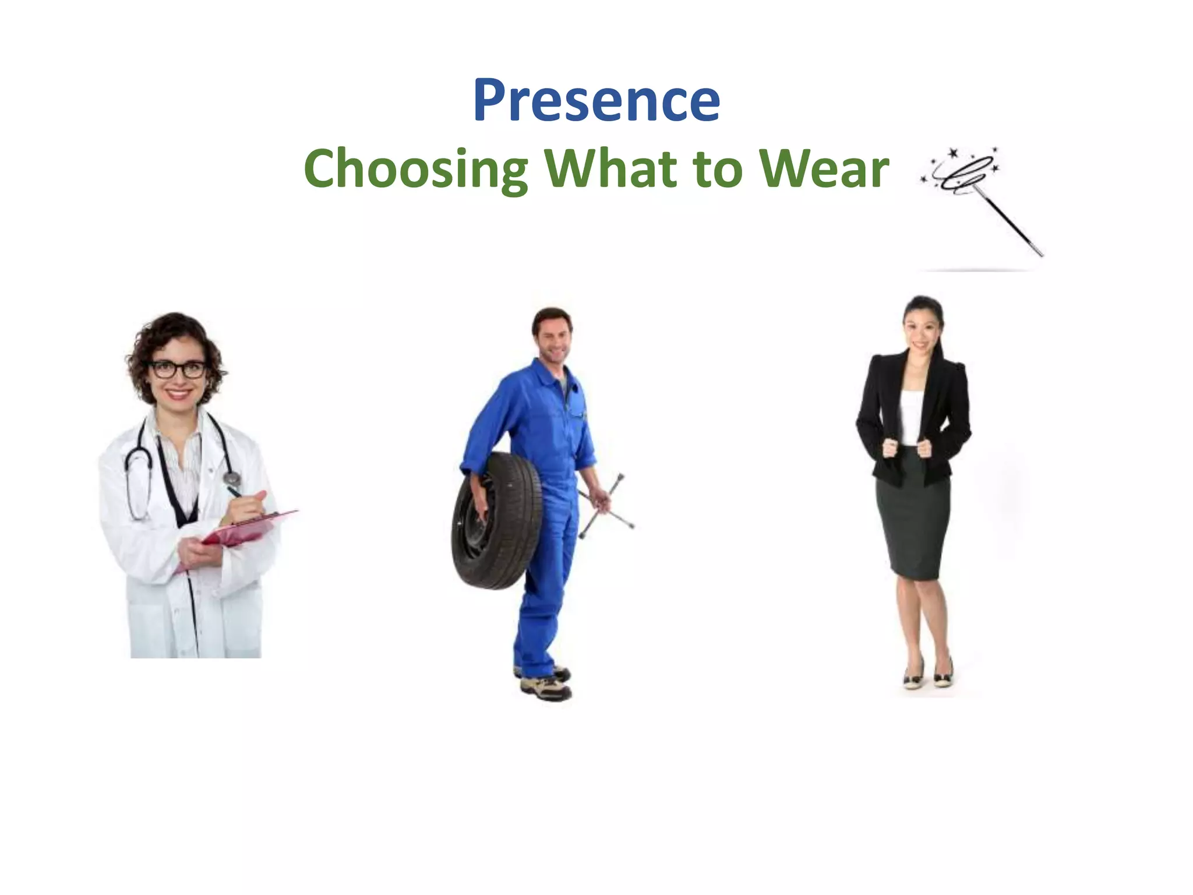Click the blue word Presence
[596, 100]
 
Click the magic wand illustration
[984, 198]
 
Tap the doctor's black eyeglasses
[178, 369]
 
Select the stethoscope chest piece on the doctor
[232, 479]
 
